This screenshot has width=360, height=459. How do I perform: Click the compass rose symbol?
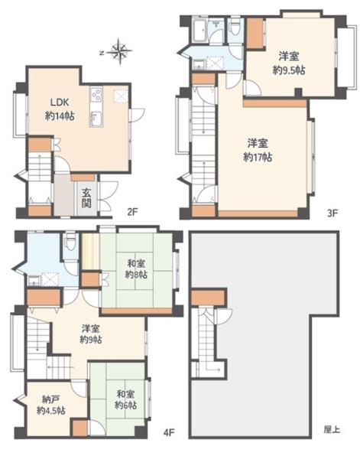(118, 52)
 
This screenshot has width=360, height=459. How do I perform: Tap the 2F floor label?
(132, 211)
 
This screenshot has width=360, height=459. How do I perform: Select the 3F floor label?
(332, 213)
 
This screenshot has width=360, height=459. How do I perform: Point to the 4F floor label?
(169, 432)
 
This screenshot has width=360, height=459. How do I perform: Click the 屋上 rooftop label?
(332, 429)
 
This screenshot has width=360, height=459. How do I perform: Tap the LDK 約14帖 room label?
(60, 109)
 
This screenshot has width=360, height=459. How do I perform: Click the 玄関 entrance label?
(86, 198)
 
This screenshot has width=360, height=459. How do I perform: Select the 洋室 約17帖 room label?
(258, 151)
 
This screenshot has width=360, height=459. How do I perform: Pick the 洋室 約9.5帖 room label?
(289, 63)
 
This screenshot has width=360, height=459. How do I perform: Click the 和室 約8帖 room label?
(136, 269)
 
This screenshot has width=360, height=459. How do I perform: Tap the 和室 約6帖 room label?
(126, 400)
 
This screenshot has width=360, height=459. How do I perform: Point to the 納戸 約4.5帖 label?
(51, 405)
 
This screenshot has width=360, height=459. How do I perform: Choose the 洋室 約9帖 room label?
(91, 334)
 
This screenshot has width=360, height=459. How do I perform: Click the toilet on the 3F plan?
(235, 28)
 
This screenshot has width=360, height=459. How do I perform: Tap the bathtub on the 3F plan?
(200, 31)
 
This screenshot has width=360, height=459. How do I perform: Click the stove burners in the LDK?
(96, 94)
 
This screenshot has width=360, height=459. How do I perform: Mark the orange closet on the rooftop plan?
(208, 298)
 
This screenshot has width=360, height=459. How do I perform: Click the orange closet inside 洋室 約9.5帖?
(255, 33)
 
